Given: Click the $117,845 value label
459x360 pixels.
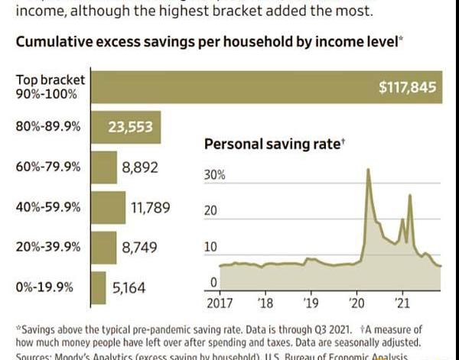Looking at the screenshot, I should point(408,88).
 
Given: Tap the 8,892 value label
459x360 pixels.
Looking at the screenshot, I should point(140,167).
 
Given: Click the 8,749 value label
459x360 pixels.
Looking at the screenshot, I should point(138,248).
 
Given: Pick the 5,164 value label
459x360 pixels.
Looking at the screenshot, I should point(128,288).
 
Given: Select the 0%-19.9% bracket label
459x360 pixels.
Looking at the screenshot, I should point(44,287).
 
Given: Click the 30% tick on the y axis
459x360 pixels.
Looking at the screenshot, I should point(215,175).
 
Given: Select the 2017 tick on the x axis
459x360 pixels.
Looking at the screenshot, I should point(220,302).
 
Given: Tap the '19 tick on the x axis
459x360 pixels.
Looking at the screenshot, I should point(309,302).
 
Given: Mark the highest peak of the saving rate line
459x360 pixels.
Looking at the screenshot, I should point(369,169).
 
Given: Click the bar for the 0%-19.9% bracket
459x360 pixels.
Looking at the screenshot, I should point(98,288).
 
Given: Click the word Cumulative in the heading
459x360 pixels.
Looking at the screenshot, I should point(52,42).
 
